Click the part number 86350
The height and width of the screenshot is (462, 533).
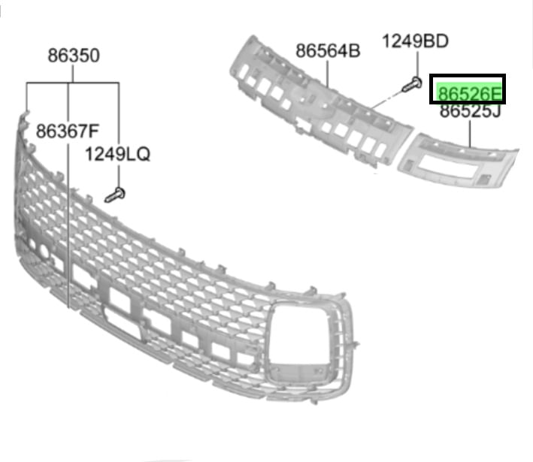(x=74, y=56)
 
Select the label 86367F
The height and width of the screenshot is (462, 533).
(x=68, y=131)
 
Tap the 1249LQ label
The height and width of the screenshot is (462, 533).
(x=117, y=154)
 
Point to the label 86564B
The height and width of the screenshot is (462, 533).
(x=328, y=51)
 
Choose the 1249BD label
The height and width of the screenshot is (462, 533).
(x=416, y=41)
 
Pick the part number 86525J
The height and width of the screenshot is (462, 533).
(x=470, y=110)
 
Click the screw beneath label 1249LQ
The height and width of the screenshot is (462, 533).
(x=115, y=195)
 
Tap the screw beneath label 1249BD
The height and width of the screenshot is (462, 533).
(x=412, y=85)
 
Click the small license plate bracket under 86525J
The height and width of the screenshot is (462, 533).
(x=458, y=161)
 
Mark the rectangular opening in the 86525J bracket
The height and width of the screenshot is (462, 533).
(x=448, y=168)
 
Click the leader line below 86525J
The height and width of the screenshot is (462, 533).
(x=471, y=134)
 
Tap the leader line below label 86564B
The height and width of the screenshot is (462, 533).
(x=328, y=74)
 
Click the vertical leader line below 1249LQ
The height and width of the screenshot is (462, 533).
(x=119, y=176)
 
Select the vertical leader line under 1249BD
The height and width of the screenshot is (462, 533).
(x=417, y=64)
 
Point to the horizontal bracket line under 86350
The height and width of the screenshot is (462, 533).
(x=73, y=83)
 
